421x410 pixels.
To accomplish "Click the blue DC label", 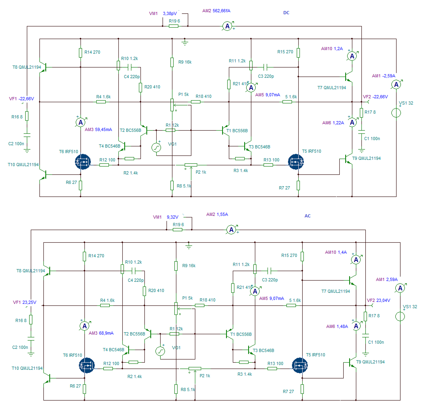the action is (x=286, y=13).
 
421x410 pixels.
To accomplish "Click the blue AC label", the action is (x=307, y=216).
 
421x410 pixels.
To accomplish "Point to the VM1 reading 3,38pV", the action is (x=170, y=13).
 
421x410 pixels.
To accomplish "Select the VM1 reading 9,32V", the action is (x=173, y=217).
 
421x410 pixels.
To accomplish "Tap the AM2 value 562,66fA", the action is (x=221, y=11).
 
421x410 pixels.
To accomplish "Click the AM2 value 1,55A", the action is (x=222, y=214).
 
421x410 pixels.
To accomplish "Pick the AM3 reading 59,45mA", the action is (x=103, y=129).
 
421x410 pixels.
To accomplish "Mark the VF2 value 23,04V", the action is (x=383, y=300).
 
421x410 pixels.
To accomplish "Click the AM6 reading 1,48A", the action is (x=342, y=326).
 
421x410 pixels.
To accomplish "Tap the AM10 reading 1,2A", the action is (x=338, y=49).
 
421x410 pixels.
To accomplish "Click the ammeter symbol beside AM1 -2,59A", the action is (x=396, y=84).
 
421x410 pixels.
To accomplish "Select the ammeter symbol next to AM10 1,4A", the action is (x=356, y=260).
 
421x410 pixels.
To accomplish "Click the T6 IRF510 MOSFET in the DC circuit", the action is (x=83, y=162).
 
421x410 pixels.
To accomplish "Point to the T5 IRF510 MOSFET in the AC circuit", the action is (x=299, y=365).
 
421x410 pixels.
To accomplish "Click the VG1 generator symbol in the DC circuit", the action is (x=156, y=148).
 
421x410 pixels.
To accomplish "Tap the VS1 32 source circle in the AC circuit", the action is (x=400, y=316).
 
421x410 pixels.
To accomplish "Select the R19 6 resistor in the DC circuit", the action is (x=174, y=26).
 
